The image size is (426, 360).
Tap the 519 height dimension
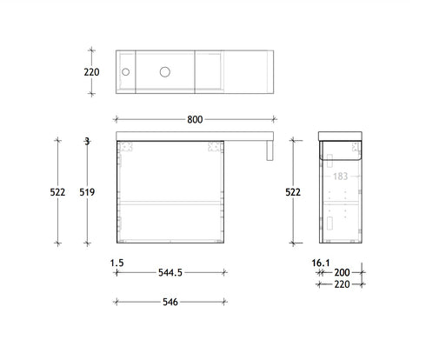click(x=88, y=193)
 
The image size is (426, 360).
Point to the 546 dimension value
click(x=170, y=302)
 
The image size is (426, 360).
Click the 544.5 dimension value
click(x=170, y=272)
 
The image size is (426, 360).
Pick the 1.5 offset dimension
click(x=117, y=260)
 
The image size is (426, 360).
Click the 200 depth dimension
click(x=341, y=272)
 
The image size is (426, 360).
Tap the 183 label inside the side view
click(x=340, y=177)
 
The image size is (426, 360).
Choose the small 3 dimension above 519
click(x=87, y=141)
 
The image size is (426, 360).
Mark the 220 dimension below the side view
click(x=341, y=283)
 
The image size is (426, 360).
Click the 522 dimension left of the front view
click(x=57, y=193)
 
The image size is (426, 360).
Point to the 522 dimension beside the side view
click(x=294, y=193)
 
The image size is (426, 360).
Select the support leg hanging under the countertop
click(x=270, y=151)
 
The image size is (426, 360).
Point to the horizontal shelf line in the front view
click(x=170, y=202)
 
